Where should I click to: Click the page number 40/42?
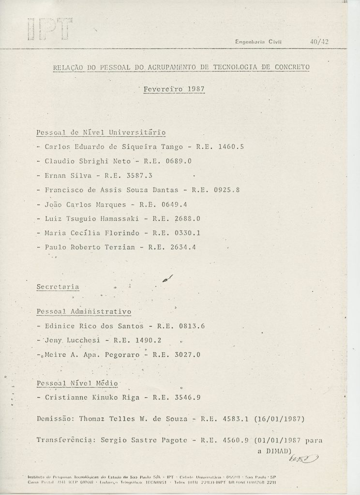[319, 42]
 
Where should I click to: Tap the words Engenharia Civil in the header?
[258, 42]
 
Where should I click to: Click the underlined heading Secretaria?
[58, 286]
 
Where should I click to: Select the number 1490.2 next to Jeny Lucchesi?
[148, 340]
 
